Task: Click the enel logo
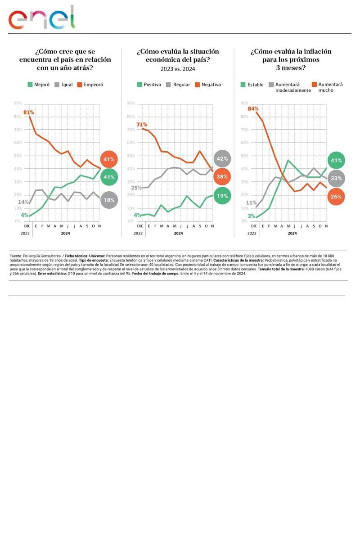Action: tap(41, 18)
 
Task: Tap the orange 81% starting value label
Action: tap(29, 112)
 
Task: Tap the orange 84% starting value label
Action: tap(253, 108)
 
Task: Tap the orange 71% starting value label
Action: tap(142, 125)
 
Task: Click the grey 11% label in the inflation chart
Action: tap(251, 203)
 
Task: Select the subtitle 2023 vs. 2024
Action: tap(178, 69)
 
